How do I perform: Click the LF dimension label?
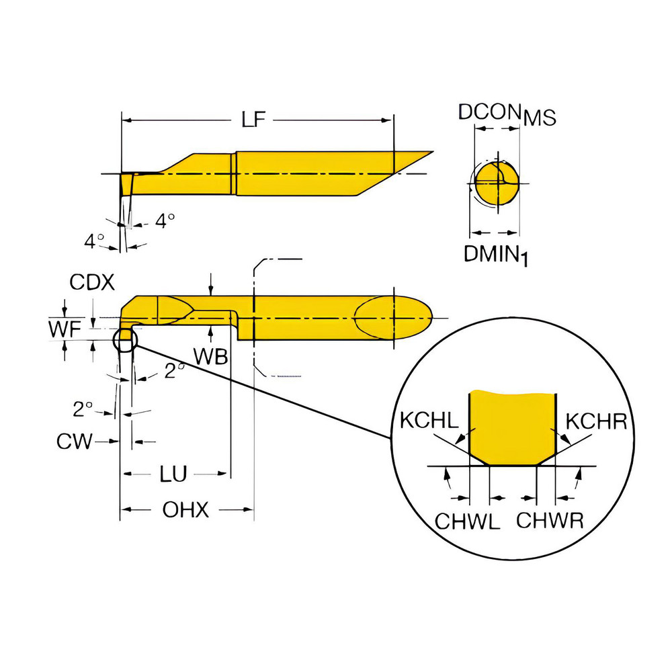pos(255,120)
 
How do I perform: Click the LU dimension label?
pos(173,474)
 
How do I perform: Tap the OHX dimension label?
pos(186,511)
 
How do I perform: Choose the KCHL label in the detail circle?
pos(429,422)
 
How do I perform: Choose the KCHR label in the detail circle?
pos(596,422)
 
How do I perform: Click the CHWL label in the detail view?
pos(468,521)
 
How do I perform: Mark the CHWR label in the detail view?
pos(550,521)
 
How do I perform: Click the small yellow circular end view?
pos(497,183)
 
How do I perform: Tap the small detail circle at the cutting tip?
pos(126,340)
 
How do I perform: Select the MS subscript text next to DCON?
pos(540,119)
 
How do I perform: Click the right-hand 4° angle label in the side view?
pos(165,219)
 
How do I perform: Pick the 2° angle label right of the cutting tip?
pos(174,371)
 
